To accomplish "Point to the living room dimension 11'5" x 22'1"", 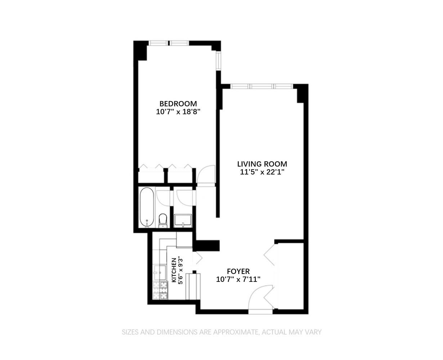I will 262,172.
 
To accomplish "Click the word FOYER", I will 238,271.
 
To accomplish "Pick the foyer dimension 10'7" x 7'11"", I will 238,279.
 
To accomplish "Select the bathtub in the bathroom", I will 147,207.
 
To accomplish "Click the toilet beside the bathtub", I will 163,220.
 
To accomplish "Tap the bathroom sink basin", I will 183,220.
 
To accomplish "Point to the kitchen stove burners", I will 160,290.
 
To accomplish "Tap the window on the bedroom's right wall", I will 218,61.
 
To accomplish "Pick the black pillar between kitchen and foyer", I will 207,246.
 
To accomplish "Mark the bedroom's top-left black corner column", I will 141,51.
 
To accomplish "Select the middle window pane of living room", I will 262,86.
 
